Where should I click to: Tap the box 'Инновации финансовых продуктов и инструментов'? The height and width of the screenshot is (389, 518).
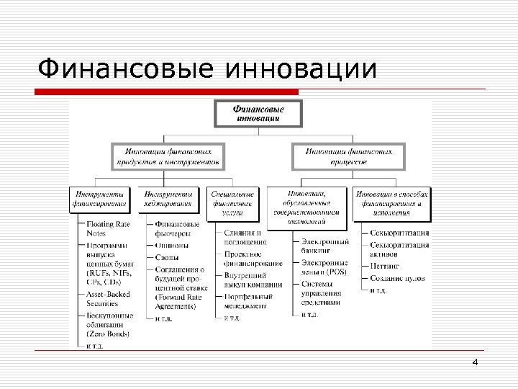pyautogui.click(x=168, y=157)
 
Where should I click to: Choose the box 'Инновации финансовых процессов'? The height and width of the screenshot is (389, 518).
pyautogui.click(x=349, y=157)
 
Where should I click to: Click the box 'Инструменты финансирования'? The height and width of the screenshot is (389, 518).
pyautogui.click(x=100, y=200)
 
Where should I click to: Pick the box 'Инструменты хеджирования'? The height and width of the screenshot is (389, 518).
pyautogui.click(x=168, y=200)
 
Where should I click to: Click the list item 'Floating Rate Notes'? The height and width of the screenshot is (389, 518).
pyautogui.click(x=108, y=229)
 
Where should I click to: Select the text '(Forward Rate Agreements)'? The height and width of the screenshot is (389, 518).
pyautogui.click(x=178, y=300)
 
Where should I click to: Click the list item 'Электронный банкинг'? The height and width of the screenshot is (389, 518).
pyautogui.click(x=325, y=246)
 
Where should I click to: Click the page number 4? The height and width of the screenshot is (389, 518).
pyautogui.click(x=475, y=362)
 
